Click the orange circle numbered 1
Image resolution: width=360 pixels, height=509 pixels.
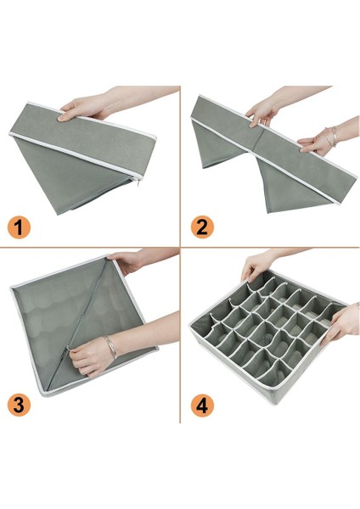point(19,227)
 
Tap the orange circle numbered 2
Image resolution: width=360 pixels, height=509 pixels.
point(202,227)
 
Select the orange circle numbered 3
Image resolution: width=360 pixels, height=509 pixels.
point(19,406)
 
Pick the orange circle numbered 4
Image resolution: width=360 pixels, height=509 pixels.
point(202,406)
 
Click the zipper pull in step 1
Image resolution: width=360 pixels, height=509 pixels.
point(139,182)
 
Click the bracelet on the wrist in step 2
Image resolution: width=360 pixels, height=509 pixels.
point(331,137)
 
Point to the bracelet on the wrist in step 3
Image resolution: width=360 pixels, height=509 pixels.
point(110,347)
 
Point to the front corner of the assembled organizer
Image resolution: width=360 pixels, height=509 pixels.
point(276,403)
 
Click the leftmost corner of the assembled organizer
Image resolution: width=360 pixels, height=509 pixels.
point(190,325)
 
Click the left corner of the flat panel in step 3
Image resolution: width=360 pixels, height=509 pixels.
point(11,288)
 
